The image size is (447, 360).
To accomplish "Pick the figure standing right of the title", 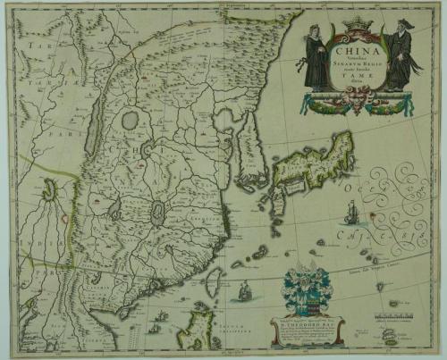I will coord(398,55).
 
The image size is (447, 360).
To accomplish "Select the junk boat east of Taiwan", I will coord(244,289).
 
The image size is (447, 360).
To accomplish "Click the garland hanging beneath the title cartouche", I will coord(356,105).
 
